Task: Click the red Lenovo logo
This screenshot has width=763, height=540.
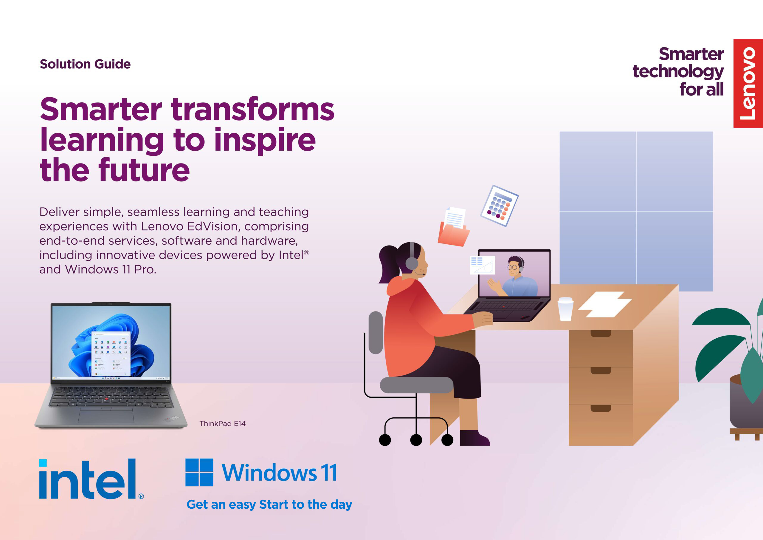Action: click(x=748, y=83)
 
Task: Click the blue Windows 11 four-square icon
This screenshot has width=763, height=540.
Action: click(x=199, y=473)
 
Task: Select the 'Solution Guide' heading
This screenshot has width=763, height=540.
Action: click(x=85, y=64)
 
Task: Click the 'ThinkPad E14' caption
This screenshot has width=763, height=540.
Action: click(x=222, y=424)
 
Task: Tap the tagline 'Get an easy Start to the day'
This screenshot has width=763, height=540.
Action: click(x=269, y=504)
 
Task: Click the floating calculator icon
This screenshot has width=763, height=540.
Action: click(x=499, y=206)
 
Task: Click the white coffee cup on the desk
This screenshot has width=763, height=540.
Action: click(x=565, y=309)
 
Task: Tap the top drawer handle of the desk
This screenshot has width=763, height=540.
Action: click(x=601, y=334)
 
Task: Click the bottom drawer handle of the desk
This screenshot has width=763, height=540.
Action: click(x=601, y=408)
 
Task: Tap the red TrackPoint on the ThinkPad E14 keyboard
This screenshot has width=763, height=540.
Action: click(x=107, y=398)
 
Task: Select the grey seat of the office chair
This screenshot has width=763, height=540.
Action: click(x=416, y=385)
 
